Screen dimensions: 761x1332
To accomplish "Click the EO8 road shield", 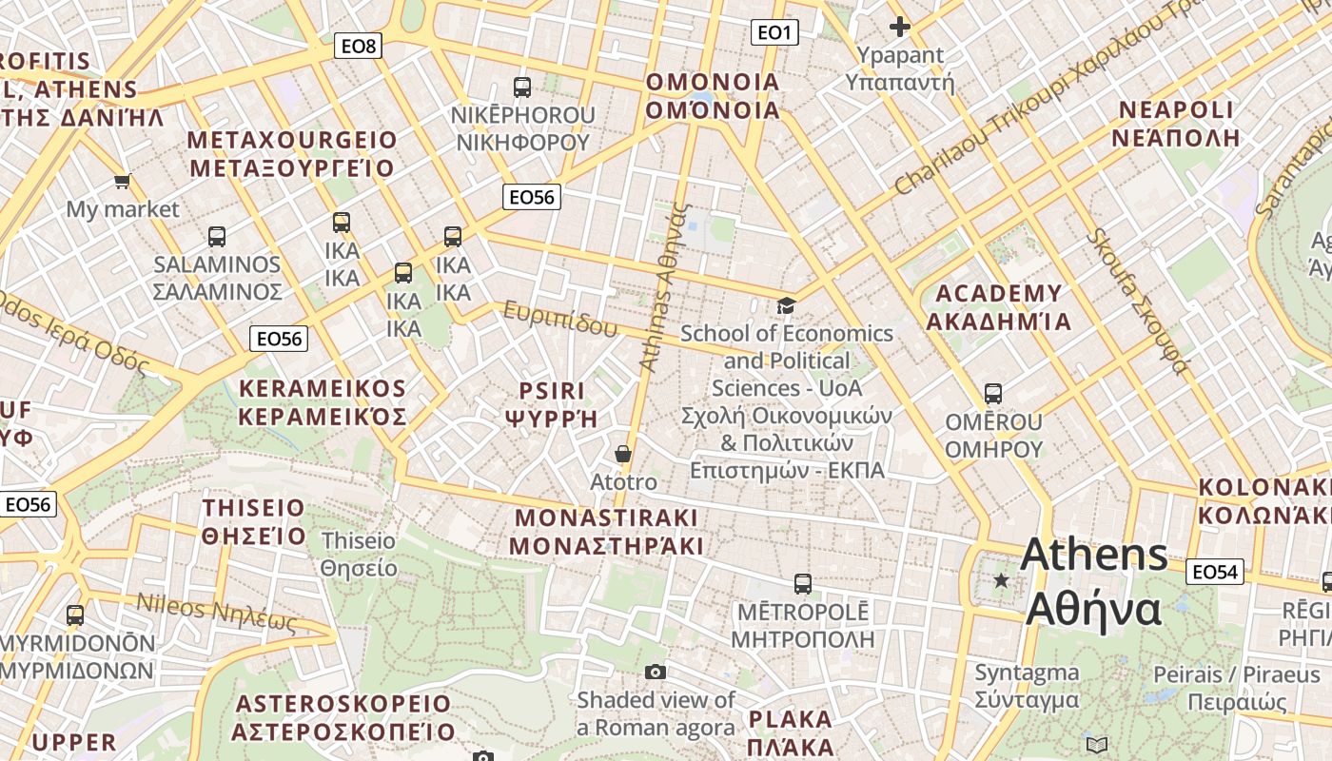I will pos(358,46).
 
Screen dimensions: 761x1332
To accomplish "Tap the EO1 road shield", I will pos(774,33).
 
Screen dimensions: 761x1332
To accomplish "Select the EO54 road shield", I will pos(1215,572).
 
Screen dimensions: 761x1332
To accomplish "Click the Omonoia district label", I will pos(713,96).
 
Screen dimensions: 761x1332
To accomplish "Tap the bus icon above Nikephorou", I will pos(521,88).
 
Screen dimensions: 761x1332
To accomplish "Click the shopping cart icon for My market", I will pos(122,181).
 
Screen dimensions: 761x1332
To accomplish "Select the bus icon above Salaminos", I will pos(217,236).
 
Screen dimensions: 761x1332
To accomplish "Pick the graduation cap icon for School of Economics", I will pos(786,305).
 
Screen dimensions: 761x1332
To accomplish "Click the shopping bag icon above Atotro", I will pos(623,454).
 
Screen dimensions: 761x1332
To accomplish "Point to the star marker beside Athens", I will pos(1001,580).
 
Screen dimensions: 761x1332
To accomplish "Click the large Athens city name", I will pos(1094,581).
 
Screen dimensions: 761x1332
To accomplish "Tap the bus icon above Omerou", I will pos(993,393).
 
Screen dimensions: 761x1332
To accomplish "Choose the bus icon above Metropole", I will pos(803,583).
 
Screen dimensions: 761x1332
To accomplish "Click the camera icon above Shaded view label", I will pos(655,673).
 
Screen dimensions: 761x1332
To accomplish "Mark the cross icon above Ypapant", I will pos(899,27).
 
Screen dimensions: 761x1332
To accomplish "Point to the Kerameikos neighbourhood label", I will pos(323,402).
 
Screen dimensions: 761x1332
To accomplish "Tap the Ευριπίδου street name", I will pos(560,320).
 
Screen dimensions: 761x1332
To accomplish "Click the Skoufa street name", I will pos(1138,302).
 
